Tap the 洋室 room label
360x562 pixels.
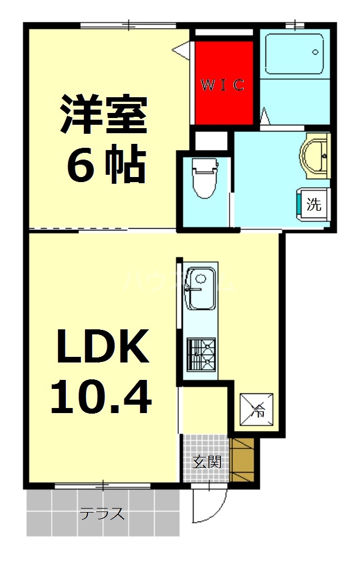click(103, 115)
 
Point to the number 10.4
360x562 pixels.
click(101, 397)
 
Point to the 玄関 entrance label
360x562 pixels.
click(207, 462)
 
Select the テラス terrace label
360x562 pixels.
click(101, 514)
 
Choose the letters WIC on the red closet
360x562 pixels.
click(223, 85)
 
